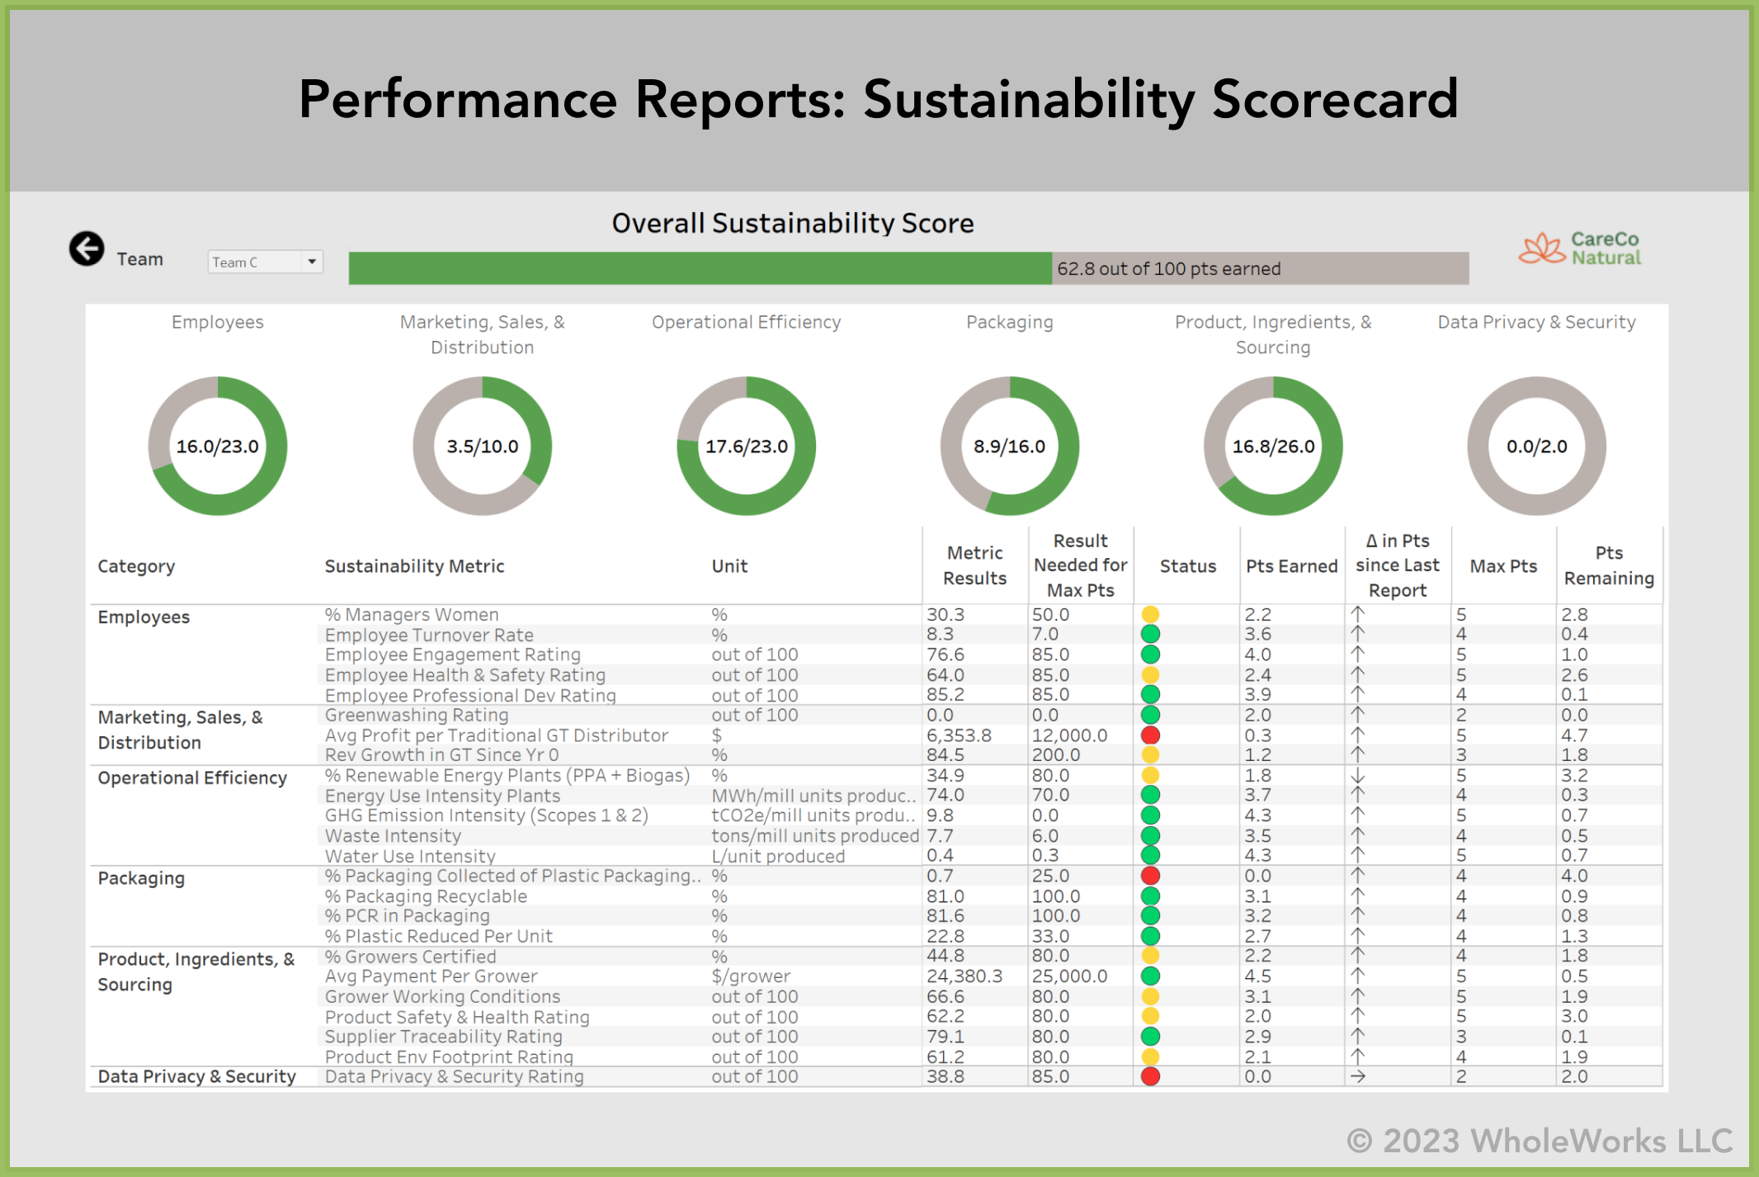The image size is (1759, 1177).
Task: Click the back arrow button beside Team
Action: tap(87, 248)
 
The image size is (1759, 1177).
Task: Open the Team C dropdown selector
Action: tap(264, 262)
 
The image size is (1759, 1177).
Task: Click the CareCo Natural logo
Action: tap(1580, 248)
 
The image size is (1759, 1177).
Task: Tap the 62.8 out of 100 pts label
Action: tap(1168, 269)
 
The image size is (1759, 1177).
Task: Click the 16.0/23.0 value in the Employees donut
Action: tap(218, 447)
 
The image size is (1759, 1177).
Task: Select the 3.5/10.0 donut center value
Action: tap(483, 447)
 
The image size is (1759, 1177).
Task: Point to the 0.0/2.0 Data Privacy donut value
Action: tap(1536, 447)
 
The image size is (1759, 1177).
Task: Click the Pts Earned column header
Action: tap(1291, 566)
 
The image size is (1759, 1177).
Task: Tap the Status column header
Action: tap(1187, 566)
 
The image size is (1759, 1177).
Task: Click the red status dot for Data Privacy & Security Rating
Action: tap(1150, 1076)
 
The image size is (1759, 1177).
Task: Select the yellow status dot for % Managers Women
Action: tap(1150, 614)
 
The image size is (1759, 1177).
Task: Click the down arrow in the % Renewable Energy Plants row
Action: tap(1357, 776)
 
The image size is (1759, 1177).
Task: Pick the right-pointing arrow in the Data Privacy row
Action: tap(1357, 1076)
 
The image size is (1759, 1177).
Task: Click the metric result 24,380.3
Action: tap(964, 976)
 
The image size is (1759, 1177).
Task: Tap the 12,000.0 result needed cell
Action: tap(1069, 735)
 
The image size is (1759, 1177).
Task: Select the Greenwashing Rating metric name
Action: tap(417, 716)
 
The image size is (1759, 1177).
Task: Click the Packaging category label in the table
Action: tap(141, 878)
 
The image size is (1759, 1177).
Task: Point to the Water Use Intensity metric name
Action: tap(410, 856)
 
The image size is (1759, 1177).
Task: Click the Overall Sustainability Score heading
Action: tap(792, 224)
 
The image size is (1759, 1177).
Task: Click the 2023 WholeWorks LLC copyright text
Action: tap(1540, 1141)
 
